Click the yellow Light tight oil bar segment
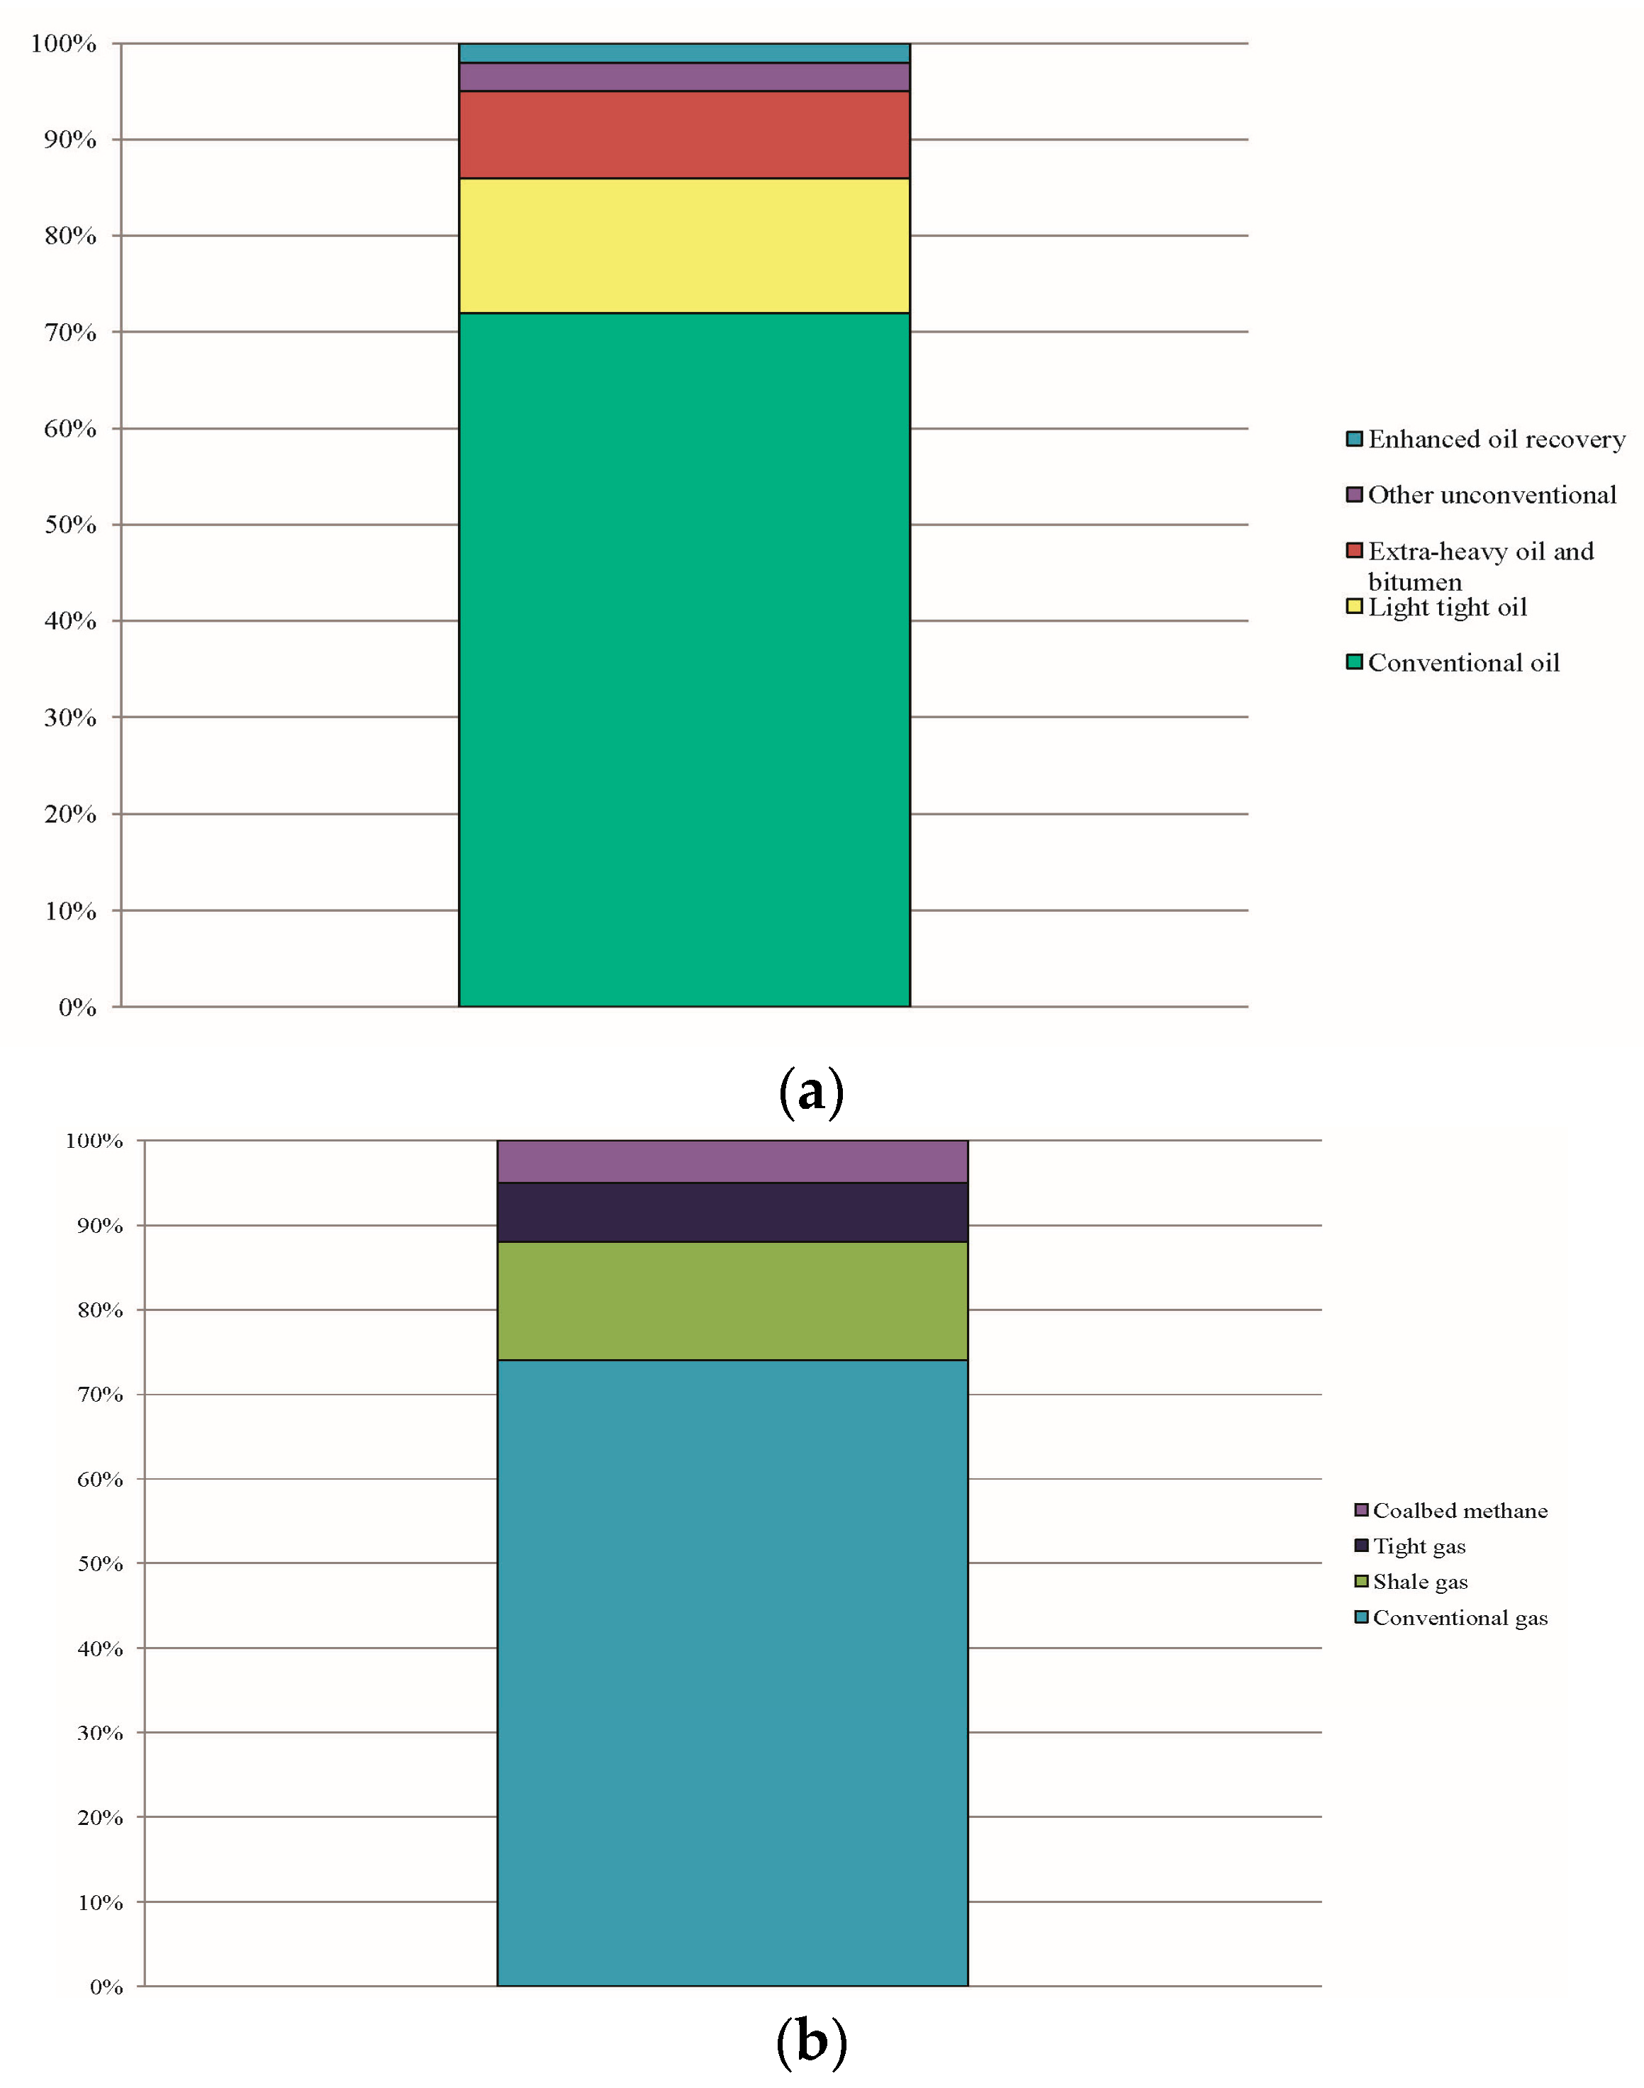pos(683,245)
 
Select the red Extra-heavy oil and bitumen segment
pos(683,135)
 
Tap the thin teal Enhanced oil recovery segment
pos(683,53)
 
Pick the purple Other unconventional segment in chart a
pos(683,77)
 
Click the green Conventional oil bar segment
pos(683,659)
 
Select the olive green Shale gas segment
pos(732,1300)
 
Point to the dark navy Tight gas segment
pos(732,1212)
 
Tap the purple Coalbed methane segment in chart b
pos(732,1161)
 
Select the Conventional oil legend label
pos(1463,664)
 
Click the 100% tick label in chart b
pos(94,1141)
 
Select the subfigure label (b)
pos(810,2039)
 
